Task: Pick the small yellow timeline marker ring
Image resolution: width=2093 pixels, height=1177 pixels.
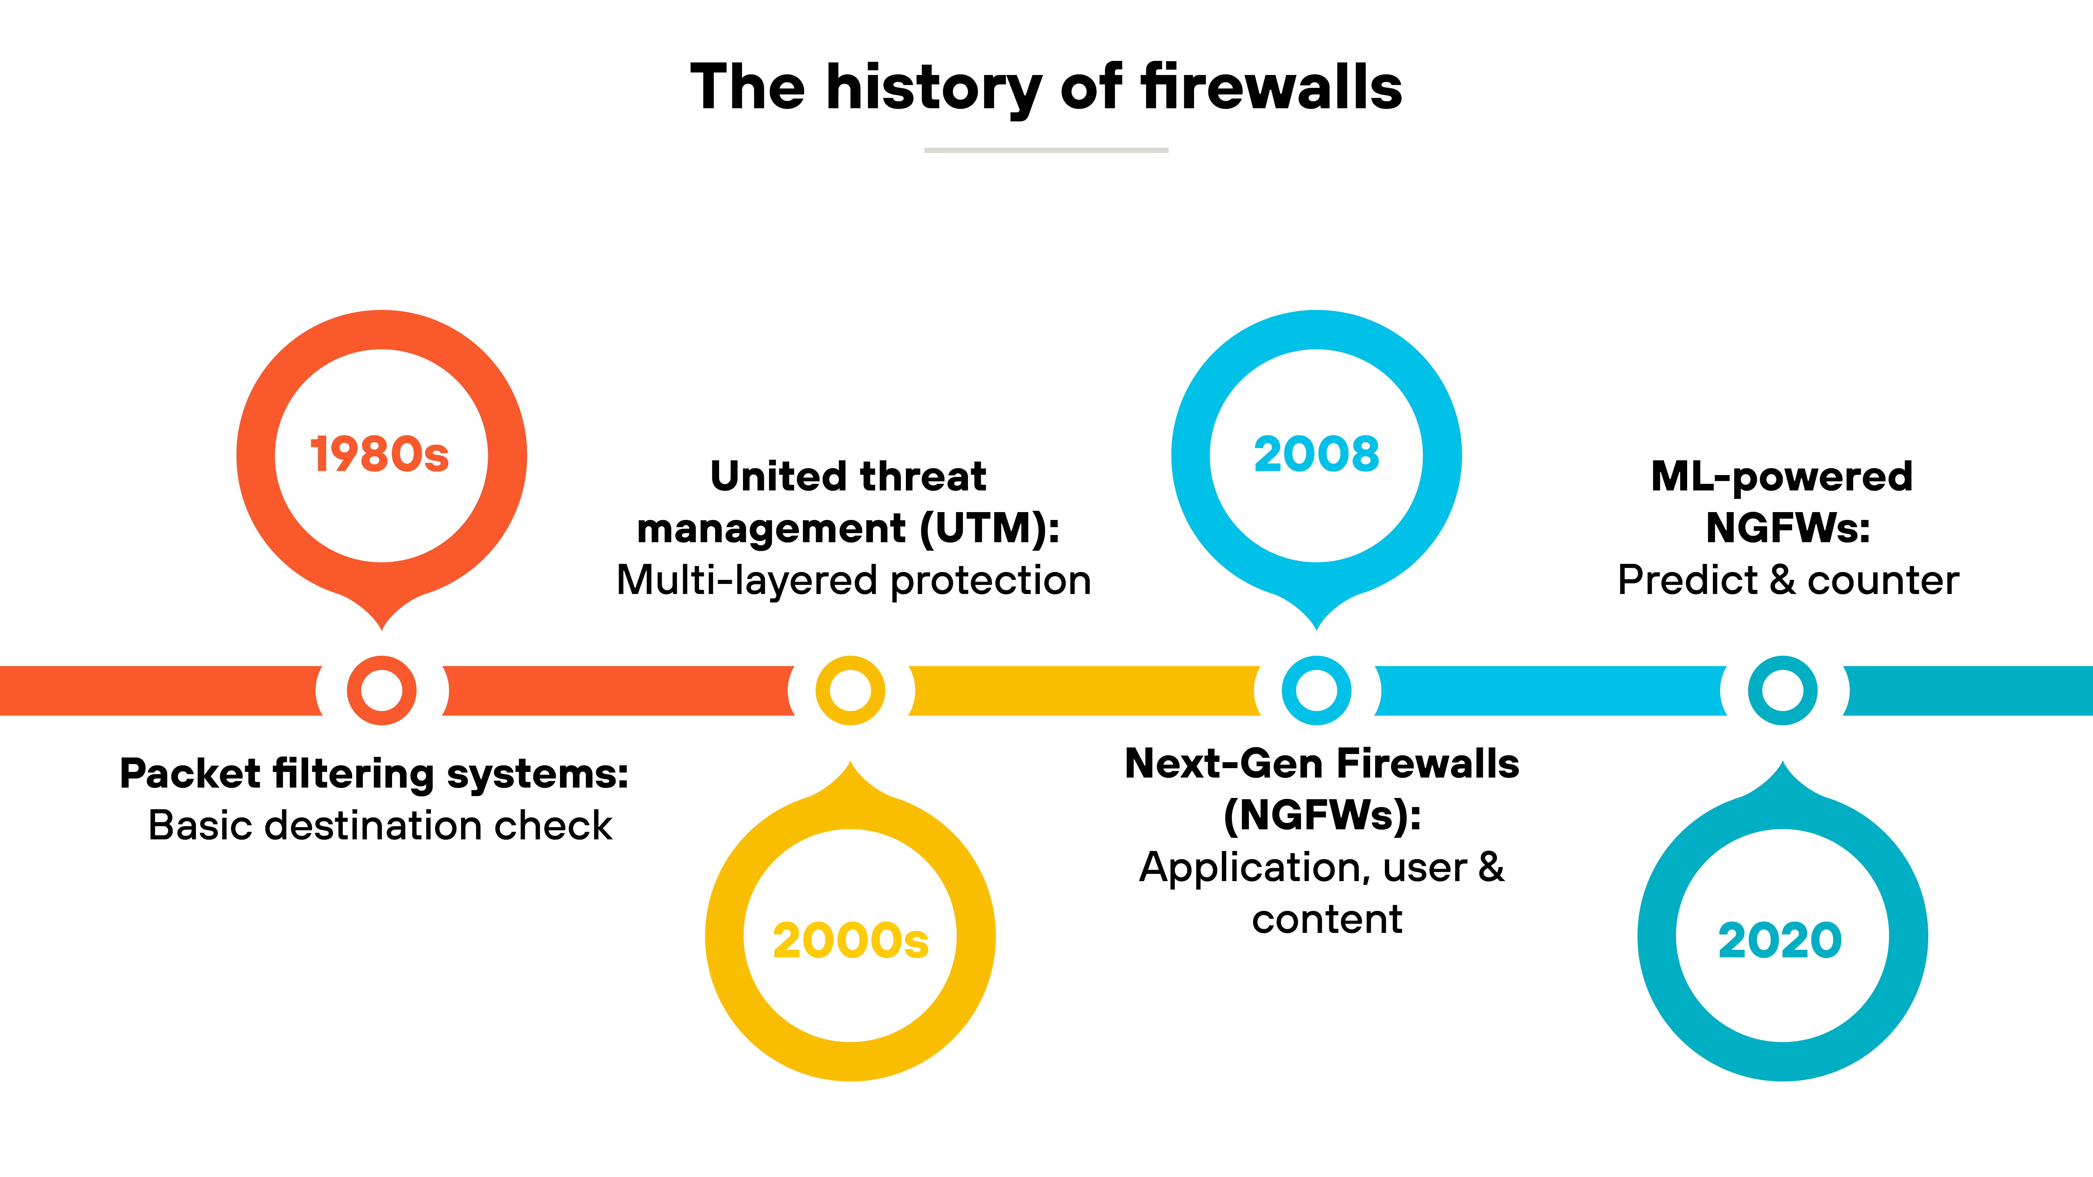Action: [x=850, y=690]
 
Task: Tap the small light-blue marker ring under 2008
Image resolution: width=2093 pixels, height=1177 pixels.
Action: [x=1316, y=690]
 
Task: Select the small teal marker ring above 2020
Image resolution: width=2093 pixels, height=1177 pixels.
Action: [x=1782, y=690]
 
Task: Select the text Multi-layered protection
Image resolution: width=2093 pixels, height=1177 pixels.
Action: [x=853, y=580]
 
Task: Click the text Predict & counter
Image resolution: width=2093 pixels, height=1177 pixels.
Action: [x=1788, y=580]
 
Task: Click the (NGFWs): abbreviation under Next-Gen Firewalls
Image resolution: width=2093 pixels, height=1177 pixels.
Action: [x=1322, y=816]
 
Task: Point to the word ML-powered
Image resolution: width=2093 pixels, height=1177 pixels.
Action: [x=1782, y=477]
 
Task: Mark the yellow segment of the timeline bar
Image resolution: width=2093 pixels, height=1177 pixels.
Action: [x=1085, y=690]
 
